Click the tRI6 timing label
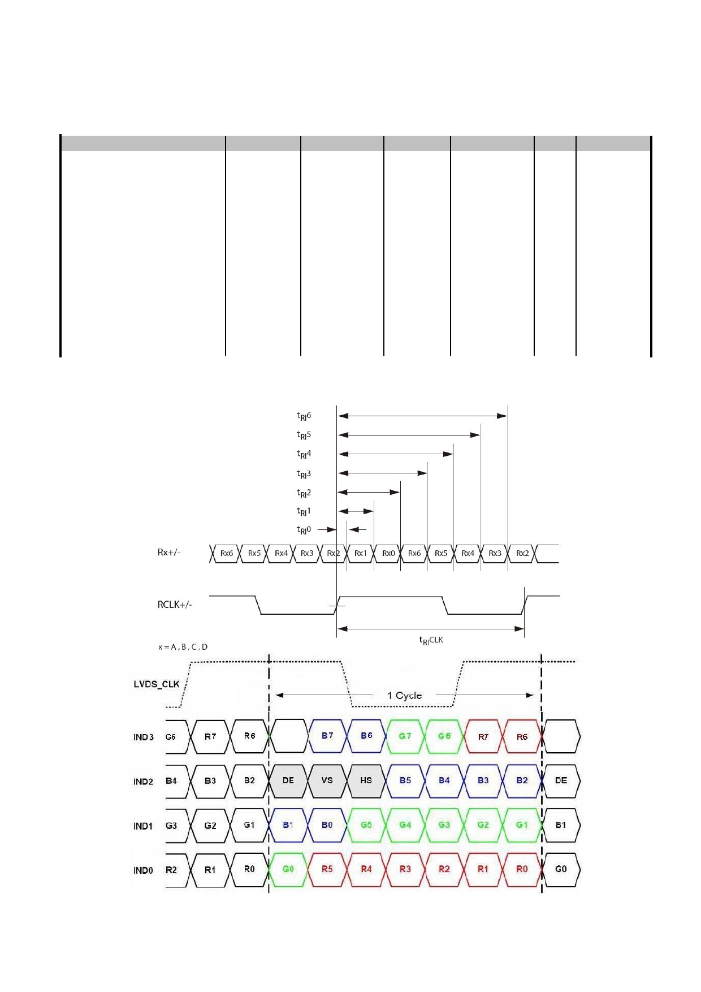point(304,416)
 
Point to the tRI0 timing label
point(304,530)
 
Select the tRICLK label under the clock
point(431,640)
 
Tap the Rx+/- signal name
point(169,552)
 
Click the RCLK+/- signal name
point(175,605)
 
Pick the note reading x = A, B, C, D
point(183,647)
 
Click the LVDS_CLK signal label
point(156,684)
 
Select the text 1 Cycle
point(404,696)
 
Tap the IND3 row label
point(144,737)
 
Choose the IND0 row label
point(144,870)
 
